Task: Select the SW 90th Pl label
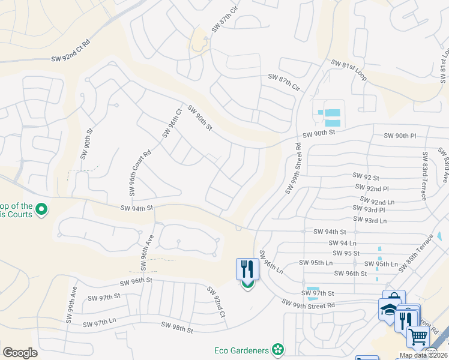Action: click(x=400, y=136)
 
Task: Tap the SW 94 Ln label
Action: click(x=343, y=243)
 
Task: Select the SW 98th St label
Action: click(x=177, y=328)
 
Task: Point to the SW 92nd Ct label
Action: click(x=215, y=302)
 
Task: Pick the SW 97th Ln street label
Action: click(x=99, y=323)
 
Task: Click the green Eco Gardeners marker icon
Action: click(x=277, y=349)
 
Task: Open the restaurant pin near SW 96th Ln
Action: click(x=247, y=270)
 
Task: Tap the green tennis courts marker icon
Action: click(x=41, y=210)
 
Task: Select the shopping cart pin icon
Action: click(x=418, y=336)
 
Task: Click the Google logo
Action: click(x=20, y=353)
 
